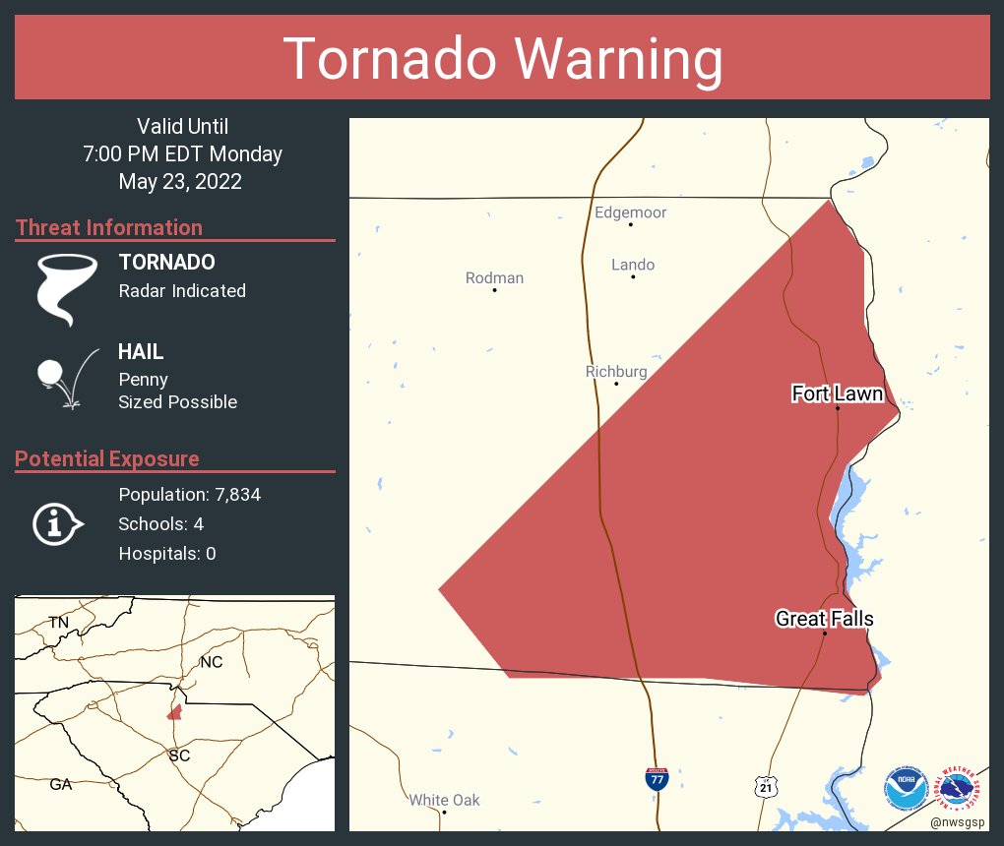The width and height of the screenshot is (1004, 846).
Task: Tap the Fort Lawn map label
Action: click(x=837, y=393)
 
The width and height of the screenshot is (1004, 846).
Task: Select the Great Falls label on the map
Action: click(x=824, y=619)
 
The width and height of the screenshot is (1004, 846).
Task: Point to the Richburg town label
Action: click(x=616, y=371)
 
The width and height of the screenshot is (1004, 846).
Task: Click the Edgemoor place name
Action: click(x=630, y=212)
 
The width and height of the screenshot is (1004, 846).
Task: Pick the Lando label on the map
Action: click(x=632, y=265)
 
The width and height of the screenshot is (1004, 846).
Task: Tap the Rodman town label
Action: click(x=494, y=277)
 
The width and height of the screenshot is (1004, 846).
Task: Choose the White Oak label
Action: click(x=444, y=800)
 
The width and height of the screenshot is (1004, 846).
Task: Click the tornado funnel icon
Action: click(x=66, y=287)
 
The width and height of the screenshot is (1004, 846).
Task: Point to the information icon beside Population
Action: click(x=57, y=523)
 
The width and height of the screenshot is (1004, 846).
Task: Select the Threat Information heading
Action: click(x=109, y=227)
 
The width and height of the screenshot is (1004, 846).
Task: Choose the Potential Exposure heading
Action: click(x=107, y=458)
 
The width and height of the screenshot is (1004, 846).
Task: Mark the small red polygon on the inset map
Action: click(x=174, y=711)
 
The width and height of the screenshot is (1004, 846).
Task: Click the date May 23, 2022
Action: click(x=180, y=181)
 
